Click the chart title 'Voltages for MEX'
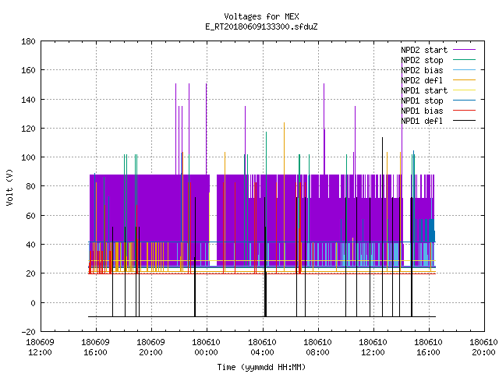pyautogui.click(x=261, y=16)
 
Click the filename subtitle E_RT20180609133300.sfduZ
pyautogui.click(x=261, y=26)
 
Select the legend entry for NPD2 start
pyautogui.click(x=424, y=50)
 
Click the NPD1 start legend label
pyautogui.click(x=424, y=90)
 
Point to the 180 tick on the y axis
pyautogui.click(x=28, y=41)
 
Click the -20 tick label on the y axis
pyautogui.click(x=28, y=332)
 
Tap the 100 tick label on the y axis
pyautogui.click(x=28, y=157)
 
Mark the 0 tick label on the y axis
pyautogui.click(x=33, y=303)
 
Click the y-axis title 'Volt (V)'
pyautogui.click(x=9, y=187)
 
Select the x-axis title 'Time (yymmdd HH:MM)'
pyautogui.click(x=261, y=367)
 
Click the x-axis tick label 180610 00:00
pyautogui.click(x=206, y=348)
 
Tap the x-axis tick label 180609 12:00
pyautogui.click(x=40, y=348)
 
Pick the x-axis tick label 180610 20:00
pyautogui.click(x=483, y=348)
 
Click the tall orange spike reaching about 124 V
pyautogui.click(x=284, y=197)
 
